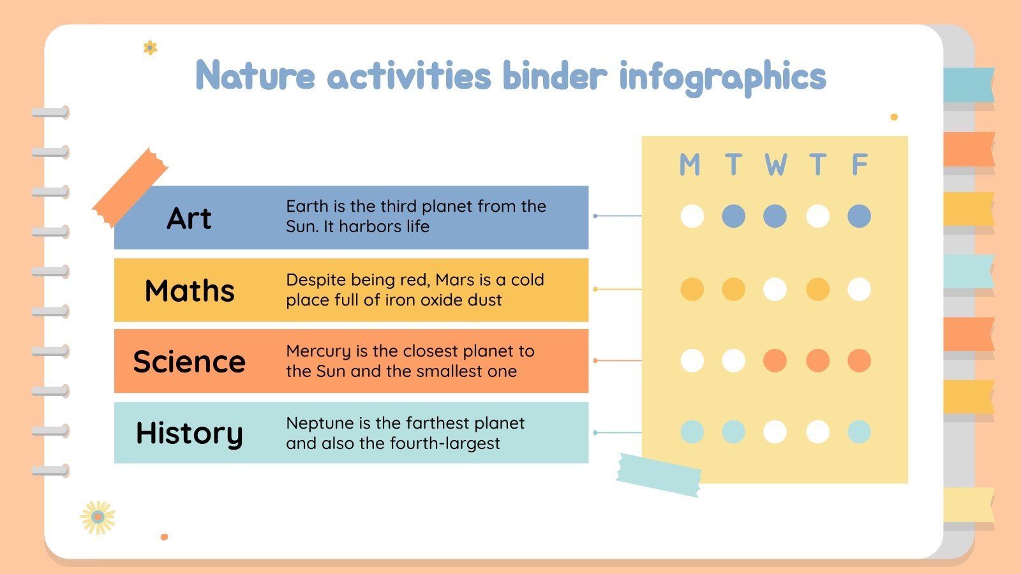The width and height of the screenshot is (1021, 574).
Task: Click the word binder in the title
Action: [554, 77]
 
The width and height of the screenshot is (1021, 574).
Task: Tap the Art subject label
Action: [189, 218]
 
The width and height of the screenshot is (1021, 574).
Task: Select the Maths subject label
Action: [190, 291]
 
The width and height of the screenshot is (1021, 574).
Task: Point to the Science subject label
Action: [189, 362]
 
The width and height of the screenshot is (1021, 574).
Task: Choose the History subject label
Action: [190, 433]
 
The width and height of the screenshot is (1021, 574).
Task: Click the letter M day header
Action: [690, 165]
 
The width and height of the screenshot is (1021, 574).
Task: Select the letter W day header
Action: [775, 165]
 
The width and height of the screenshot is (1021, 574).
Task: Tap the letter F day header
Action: [860, 165]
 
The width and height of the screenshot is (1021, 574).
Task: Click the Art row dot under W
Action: [775, 216]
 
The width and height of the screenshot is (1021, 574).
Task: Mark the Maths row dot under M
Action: [692, 290]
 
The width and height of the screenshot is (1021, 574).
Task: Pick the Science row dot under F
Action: [859, 360]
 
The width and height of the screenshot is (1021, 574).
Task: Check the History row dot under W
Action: [775, 432]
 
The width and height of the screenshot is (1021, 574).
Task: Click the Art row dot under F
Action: [859, 216]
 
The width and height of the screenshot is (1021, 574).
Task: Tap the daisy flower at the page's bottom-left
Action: [98, 517]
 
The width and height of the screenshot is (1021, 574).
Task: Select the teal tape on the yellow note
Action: [659, 475]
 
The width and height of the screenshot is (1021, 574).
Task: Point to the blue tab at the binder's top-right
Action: [968, 85]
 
